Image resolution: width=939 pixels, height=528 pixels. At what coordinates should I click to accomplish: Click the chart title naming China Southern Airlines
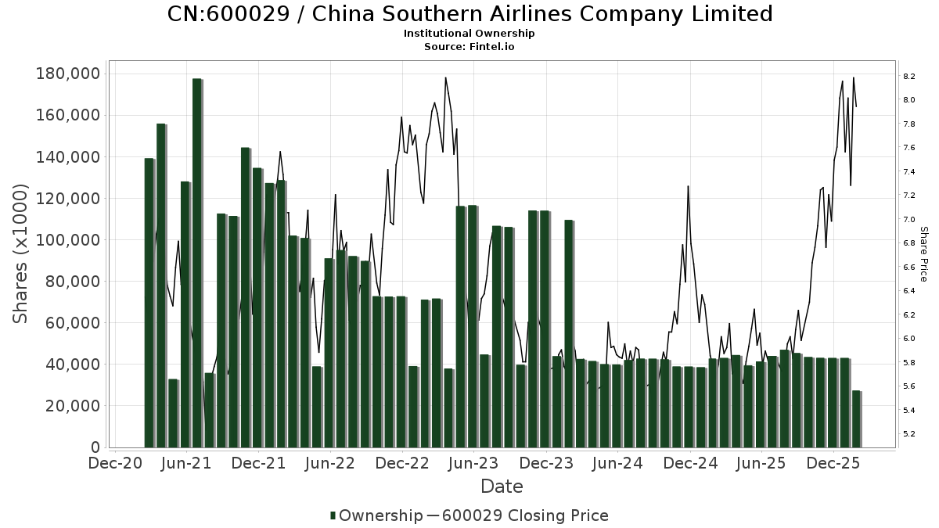click(469, 14)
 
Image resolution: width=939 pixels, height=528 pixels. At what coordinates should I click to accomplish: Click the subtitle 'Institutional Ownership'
click(469, 34)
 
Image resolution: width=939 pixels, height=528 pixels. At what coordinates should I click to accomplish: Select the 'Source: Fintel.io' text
click(469, 47)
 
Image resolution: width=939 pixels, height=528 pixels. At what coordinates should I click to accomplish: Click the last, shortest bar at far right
click(856, 419)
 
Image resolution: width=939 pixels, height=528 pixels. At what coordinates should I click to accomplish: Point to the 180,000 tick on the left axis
click(68, 74)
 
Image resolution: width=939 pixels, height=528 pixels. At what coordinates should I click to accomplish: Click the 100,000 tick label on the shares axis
click(68, 240)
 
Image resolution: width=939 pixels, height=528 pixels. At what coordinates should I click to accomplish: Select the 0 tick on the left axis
click(95, 447)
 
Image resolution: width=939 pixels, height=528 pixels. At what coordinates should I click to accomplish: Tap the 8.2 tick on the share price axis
click(909, 77)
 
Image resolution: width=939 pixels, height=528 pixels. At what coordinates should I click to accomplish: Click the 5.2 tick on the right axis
click(909, 434)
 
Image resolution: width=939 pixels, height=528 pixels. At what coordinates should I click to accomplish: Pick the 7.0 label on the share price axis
click(909, 220)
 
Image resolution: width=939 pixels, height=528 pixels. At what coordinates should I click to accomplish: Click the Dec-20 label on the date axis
click(115, 463)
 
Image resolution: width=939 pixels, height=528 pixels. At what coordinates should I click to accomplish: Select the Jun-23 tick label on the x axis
click(473, 463)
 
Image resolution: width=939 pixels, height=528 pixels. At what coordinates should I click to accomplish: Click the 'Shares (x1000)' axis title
click(21, 253)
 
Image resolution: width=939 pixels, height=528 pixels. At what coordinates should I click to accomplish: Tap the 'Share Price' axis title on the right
click(923, 253)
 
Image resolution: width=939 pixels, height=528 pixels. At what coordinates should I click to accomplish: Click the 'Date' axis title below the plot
click(502, 487)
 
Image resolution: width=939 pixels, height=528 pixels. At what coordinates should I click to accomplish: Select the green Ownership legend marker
click(333, 515)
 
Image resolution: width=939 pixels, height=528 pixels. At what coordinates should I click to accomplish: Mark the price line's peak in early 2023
click(445, 77)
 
